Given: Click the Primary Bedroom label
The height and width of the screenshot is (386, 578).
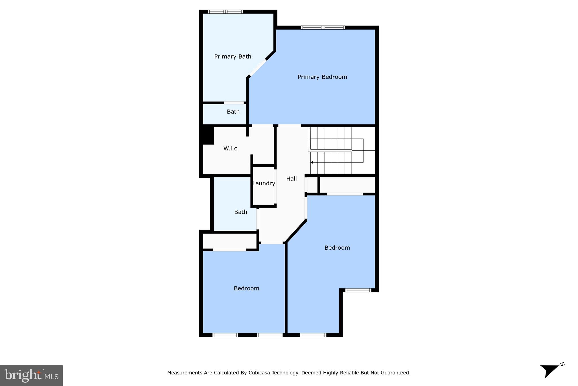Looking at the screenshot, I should point(322,77).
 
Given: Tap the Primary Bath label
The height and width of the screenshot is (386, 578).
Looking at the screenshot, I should point(233,57).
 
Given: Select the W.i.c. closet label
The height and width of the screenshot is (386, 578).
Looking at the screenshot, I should point(231,148).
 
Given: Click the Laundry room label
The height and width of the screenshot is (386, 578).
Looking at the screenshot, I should point(264,183).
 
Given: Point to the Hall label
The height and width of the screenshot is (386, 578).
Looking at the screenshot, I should point(291,179).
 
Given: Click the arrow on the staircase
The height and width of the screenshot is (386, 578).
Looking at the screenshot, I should point(312,162).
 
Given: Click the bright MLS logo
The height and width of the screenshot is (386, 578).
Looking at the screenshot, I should point(31,376).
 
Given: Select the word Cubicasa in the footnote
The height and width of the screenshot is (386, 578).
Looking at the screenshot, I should point(259,373).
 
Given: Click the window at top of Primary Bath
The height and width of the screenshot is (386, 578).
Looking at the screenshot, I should point(225,12).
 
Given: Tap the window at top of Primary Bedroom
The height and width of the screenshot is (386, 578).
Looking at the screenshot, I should point(323,28).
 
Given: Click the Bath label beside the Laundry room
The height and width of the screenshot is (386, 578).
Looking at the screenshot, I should point(240,212).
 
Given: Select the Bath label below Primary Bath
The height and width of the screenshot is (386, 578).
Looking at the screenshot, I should point(233,112).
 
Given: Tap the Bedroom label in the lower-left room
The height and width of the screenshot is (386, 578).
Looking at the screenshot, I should point(246,288).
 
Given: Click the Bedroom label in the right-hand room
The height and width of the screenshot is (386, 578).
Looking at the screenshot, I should point(337,248).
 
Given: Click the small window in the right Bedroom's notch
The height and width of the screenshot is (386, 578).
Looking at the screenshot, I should point(358,290).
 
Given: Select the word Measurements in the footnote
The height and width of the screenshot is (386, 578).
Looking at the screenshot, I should point(185,373).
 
